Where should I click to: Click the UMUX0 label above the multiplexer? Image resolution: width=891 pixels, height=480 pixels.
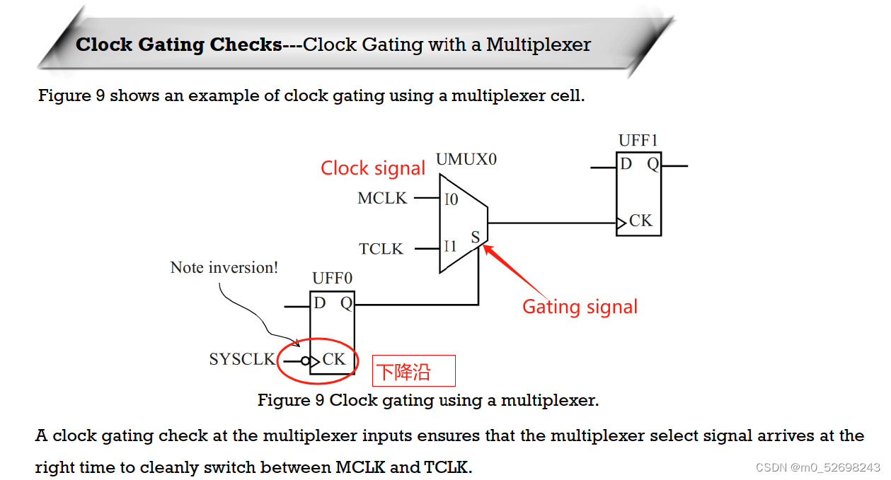point(466,159)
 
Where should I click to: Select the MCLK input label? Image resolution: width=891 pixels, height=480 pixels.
point(382,199)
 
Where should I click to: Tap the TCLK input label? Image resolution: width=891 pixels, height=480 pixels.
point(381,249)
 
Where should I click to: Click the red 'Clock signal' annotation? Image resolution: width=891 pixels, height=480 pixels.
point(373,168)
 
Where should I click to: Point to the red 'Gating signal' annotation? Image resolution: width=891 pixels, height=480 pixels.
point(580,307)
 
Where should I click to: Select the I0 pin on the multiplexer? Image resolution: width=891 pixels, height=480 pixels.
point(451,199)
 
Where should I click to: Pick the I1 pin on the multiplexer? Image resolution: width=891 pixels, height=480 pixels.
point(450,247)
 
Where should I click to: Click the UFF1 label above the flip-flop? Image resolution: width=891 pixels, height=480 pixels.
point(638,141)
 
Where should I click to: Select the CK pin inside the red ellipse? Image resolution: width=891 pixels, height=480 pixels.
point(334,359)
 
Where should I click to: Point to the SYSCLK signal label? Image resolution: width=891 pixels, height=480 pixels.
point(241,359)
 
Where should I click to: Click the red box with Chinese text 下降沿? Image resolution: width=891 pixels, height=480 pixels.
point(414,371)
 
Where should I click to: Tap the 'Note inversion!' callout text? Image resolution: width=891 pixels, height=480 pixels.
point(224,268)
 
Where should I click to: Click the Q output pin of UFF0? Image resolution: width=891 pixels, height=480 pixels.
point(346,303)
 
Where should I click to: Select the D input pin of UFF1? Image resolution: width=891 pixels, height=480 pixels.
point(626,165)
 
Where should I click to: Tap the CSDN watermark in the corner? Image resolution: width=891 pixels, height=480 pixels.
point(817,468)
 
